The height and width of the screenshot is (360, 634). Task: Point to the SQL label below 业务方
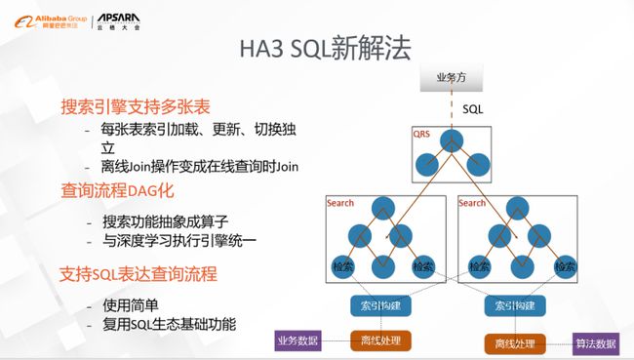[472, 109]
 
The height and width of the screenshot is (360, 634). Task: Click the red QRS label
[422, 132]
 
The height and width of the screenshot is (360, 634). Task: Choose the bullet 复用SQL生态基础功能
[169, 323]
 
